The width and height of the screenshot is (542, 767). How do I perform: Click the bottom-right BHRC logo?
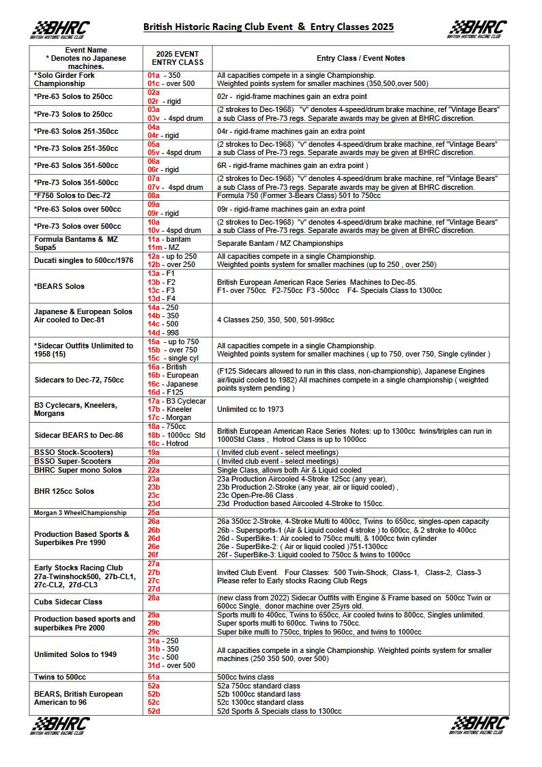tap(480, 725)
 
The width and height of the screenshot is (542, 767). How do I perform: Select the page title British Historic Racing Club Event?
tap(268, 27)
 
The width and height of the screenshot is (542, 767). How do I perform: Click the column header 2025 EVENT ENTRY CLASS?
tap(177, 58)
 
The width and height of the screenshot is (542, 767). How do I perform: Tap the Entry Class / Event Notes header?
tap(360, 58)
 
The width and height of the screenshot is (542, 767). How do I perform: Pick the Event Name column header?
tap(86, 58)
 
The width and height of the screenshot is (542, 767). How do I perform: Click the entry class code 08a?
tap(154, 195)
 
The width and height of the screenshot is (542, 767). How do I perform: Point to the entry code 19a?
tap(154, 452)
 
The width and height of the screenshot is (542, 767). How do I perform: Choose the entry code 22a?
tap(154, 470)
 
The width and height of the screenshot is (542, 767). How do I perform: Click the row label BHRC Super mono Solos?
tap(78, 470)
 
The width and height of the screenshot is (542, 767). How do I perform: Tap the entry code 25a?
tap(154, 512)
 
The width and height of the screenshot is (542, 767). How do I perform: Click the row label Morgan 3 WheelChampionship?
tap(81, 512)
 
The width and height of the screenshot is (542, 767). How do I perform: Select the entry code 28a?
tap(154, 598)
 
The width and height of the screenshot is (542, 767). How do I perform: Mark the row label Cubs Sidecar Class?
tap(68, 602)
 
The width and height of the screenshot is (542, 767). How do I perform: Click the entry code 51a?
tap(154, 677)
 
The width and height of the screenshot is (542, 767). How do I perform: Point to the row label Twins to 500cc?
tap(60, 677)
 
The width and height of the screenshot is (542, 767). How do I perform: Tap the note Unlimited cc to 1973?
tap(250, 409)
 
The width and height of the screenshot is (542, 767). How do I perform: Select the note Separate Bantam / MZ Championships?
tap(280, 243)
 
